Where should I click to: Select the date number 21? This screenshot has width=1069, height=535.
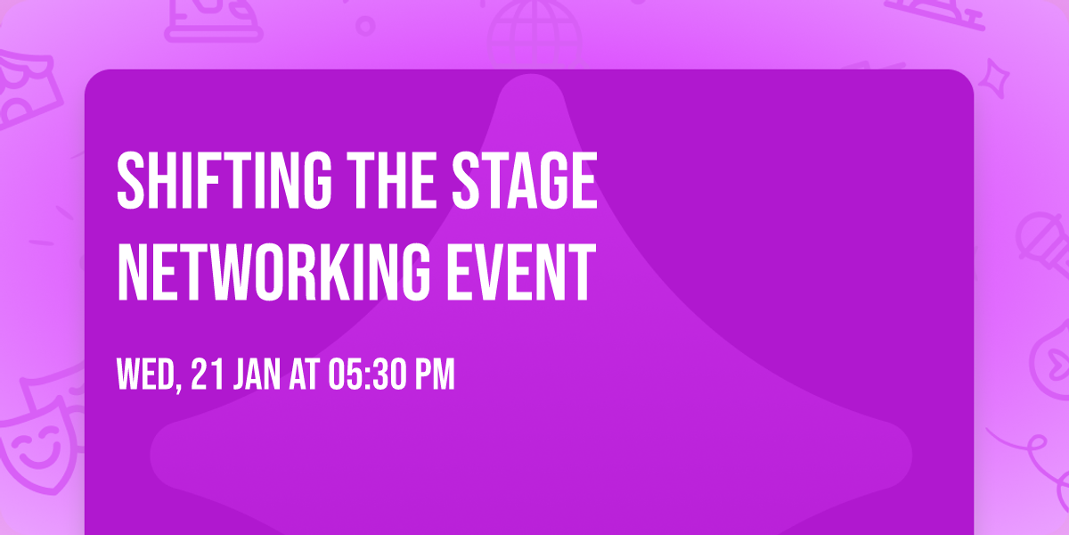tap(206, 374)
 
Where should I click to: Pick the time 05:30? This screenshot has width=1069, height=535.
tap(365, 374)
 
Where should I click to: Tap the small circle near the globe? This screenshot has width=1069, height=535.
tap(364, 24)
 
